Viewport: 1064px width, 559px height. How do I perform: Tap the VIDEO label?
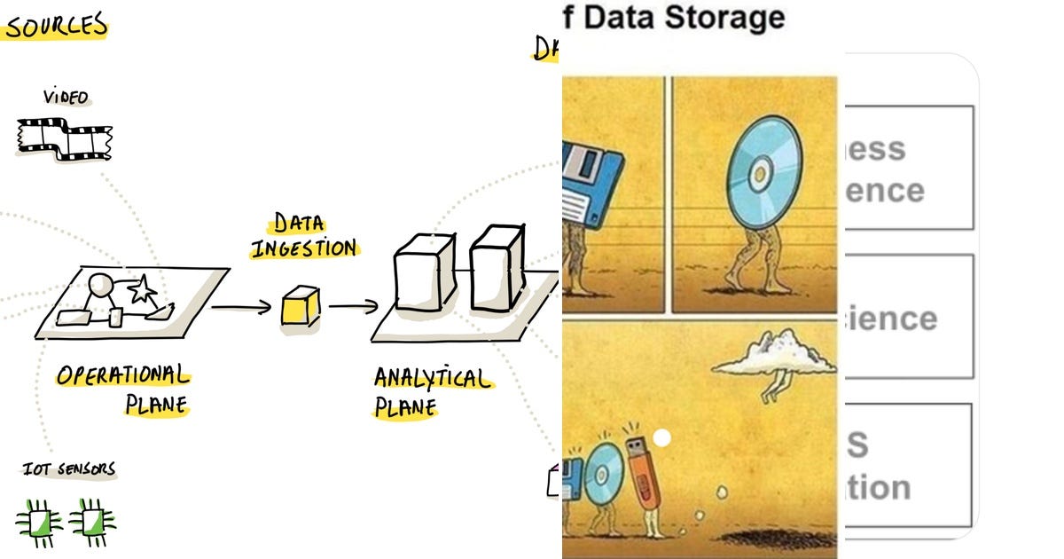tap(66, 97)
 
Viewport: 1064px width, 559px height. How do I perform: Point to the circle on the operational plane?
tap(99, 286)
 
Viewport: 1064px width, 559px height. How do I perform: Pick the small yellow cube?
tap(300, 307)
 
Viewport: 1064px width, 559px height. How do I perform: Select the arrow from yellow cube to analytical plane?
tap(354, 307)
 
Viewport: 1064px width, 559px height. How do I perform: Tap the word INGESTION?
tap(303, 248)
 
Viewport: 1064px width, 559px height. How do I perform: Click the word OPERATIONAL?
tap(122, 375)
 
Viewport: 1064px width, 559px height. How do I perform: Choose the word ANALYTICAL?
tap(432, 379)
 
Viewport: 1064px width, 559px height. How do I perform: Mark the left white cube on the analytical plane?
tap(424, 272)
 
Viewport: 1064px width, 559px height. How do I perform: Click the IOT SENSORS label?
tap(69, 468)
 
